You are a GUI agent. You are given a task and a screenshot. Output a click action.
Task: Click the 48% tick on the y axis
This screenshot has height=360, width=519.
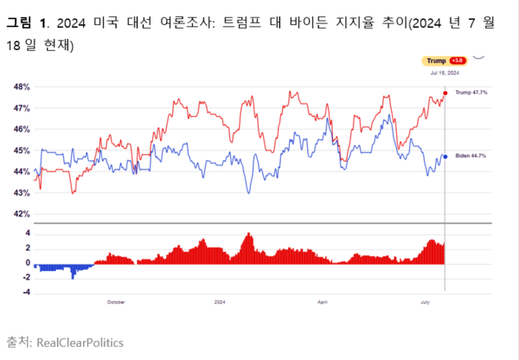(x=22, y=87)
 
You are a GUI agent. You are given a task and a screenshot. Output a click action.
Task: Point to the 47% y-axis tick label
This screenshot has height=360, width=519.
(x=22, y=108)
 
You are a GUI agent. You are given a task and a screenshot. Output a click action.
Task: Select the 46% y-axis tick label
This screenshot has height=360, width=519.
(x=22, y=129)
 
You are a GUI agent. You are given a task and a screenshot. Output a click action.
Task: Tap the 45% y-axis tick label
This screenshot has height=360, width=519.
(x=22, y=151)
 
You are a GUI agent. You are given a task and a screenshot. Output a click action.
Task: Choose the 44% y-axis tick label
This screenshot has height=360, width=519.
(x=22, y=171)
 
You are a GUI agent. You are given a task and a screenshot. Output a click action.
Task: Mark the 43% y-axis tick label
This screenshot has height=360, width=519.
(x=22, y=192)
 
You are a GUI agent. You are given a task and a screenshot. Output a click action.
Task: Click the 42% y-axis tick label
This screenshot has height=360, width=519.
(x=22, y=213)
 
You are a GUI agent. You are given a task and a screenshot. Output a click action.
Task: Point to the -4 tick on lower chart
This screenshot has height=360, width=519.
(x=26, y=292)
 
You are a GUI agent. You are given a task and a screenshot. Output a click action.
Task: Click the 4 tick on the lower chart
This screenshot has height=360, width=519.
(x=28, y=233)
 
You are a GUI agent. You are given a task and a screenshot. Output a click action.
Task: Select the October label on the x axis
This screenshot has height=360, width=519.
(x=116, y=302)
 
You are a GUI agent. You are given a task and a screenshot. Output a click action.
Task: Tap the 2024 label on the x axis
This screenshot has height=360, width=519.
(x=220, y=302)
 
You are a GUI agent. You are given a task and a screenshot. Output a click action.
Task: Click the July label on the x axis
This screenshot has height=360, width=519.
(x=426, y=302)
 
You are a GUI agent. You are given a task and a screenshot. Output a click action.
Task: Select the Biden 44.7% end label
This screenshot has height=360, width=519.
(x=470, y=156)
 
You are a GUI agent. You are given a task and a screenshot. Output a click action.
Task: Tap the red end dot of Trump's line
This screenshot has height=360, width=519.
(x=445, y=92)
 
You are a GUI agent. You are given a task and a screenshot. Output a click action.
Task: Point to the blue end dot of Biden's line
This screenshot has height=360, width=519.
(x=445, y=156)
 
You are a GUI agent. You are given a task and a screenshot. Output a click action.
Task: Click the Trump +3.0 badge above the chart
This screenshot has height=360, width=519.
(x=445, y=61)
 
